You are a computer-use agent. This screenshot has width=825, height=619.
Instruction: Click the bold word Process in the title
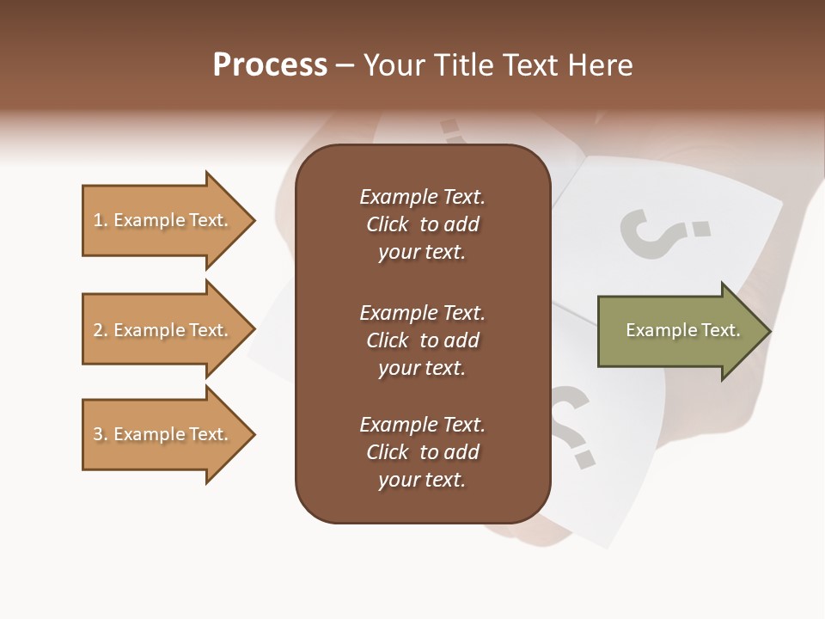[x=270, y=65]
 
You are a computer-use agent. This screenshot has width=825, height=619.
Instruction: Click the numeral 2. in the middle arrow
[x=101, y=330]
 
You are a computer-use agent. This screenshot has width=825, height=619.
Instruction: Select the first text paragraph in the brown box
[x=422, y=224]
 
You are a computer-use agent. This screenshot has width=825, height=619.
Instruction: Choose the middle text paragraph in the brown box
[x=422, y=340]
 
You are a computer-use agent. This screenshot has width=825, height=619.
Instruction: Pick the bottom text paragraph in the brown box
[x=422, y=452]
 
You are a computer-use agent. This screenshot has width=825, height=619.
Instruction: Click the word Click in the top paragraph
[x=388, y=224]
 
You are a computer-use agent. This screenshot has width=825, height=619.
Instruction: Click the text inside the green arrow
[x=682, y=331]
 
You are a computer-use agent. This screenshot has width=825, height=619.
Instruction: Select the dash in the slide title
[x=345, y=65]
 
